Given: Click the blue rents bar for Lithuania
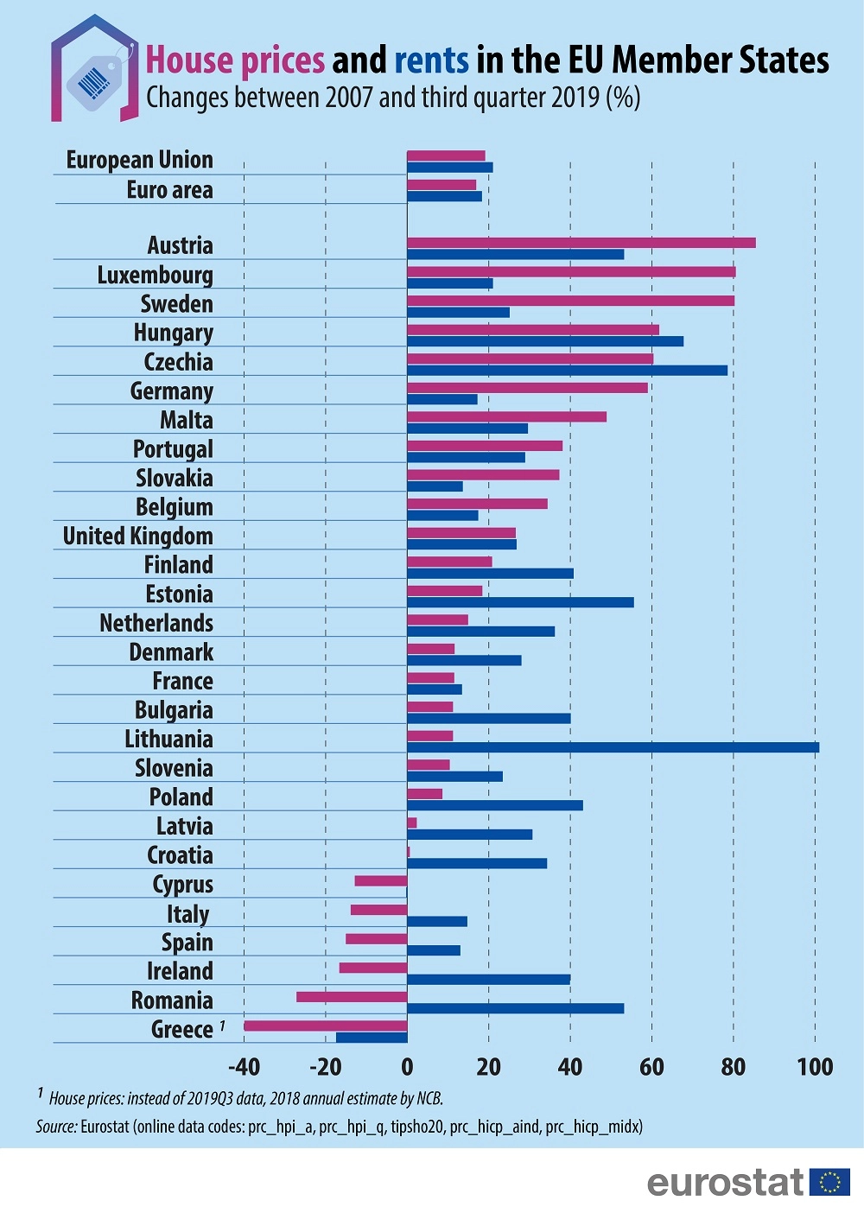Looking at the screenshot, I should pos(613,747).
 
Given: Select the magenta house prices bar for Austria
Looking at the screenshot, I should pos(581,243).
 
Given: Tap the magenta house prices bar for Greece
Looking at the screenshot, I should pos(326,1026).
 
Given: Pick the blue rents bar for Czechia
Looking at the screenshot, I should pos(567,371).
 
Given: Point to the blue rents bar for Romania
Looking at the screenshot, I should pos(515,1008).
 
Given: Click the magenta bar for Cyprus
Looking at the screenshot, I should pos(381,881).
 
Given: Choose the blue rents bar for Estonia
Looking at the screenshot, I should pos(520,602).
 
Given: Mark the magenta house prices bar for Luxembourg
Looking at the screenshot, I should pos(571,272).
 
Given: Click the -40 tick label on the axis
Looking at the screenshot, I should pos(245,1067).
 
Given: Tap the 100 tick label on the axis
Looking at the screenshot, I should pos(815,1067).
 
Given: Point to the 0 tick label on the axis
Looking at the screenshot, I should pos(407,1067).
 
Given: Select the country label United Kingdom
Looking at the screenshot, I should pos(138,537).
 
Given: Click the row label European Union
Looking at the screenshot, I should pos(140,160).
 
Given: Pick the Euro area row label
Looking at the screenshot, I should pos(169,190).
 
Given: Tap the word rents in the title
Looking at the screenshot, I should pos(432,60).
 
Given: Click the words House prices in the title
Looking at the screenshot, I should pos(235,60).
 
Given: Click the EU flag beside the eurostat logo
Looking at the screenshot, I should pos(830,1181).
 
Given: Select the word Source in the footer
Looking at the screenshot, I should pos(55,1127).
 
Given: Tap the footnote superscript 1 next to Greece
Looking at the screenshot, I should pos(222,1026).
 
